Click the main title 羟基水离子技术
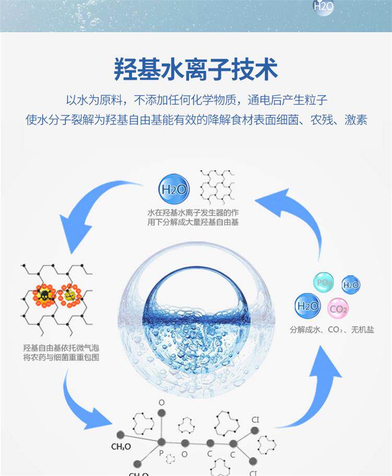click(x=196, y=69)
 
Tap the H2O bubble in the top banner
click(x=323, y=7)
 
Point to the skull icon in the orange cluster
click(x=44, y=295)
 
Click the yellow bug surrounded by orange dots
click(x=70, y=295)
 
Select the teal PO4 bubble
click(x=323, y=282)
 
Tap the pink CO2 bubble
click(x=338, y=309)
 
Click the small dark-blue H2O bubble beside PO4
click(x=351, y=285)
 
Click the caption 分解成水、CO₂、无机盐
click(x=332, y=330)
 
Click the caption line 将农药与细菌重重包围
click(x=61, y=358)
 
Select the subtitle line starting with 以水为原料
click(x=196, y=100)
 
